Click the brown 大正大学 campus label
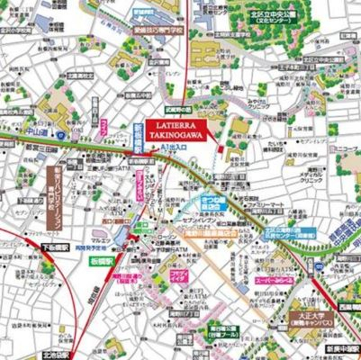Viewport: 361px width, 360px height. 313,320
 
